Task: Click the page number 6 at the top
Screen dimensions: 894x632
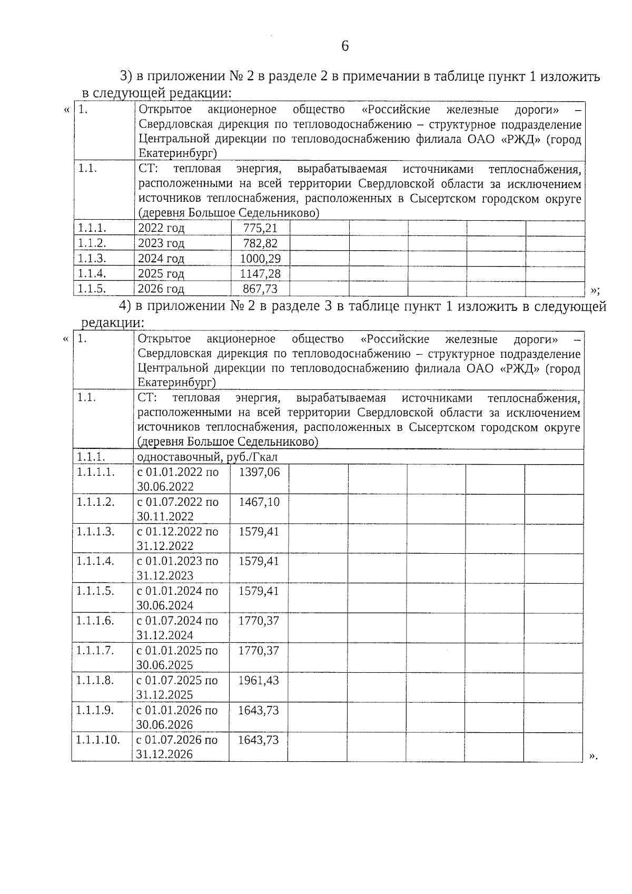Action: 345,46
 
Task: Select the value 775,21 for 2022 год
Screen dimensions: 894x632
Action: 260,229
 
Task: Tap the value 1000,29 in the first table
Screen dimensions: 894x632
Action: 260,259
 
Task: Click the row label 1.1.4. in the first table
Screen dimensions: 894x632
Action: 92,273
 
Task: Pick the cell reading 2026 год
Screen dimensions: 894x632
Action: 161,289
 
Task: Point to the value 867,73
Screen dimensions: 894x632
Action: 260,289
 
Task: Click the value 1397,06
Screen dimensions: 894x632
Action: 259,472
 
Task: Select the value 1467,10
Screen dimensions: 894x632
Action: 259,502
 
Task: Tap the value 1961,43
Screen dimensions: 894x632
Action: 259,680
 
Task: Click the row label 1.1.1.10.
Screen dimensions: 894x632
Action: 98,740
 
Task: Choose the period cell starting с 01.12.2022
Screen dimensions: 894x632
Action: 177,538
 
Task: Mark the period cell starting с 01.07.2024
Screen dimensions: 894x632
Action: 177,627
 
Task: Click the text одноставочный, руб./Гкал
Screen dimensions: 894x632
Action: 207,457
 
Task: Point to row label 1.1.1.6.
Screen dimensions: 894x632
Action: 95,621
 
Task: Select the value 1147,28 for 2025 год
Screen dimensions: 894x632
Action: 260,273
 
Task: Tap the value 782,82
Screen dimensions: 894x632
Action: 260,243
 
